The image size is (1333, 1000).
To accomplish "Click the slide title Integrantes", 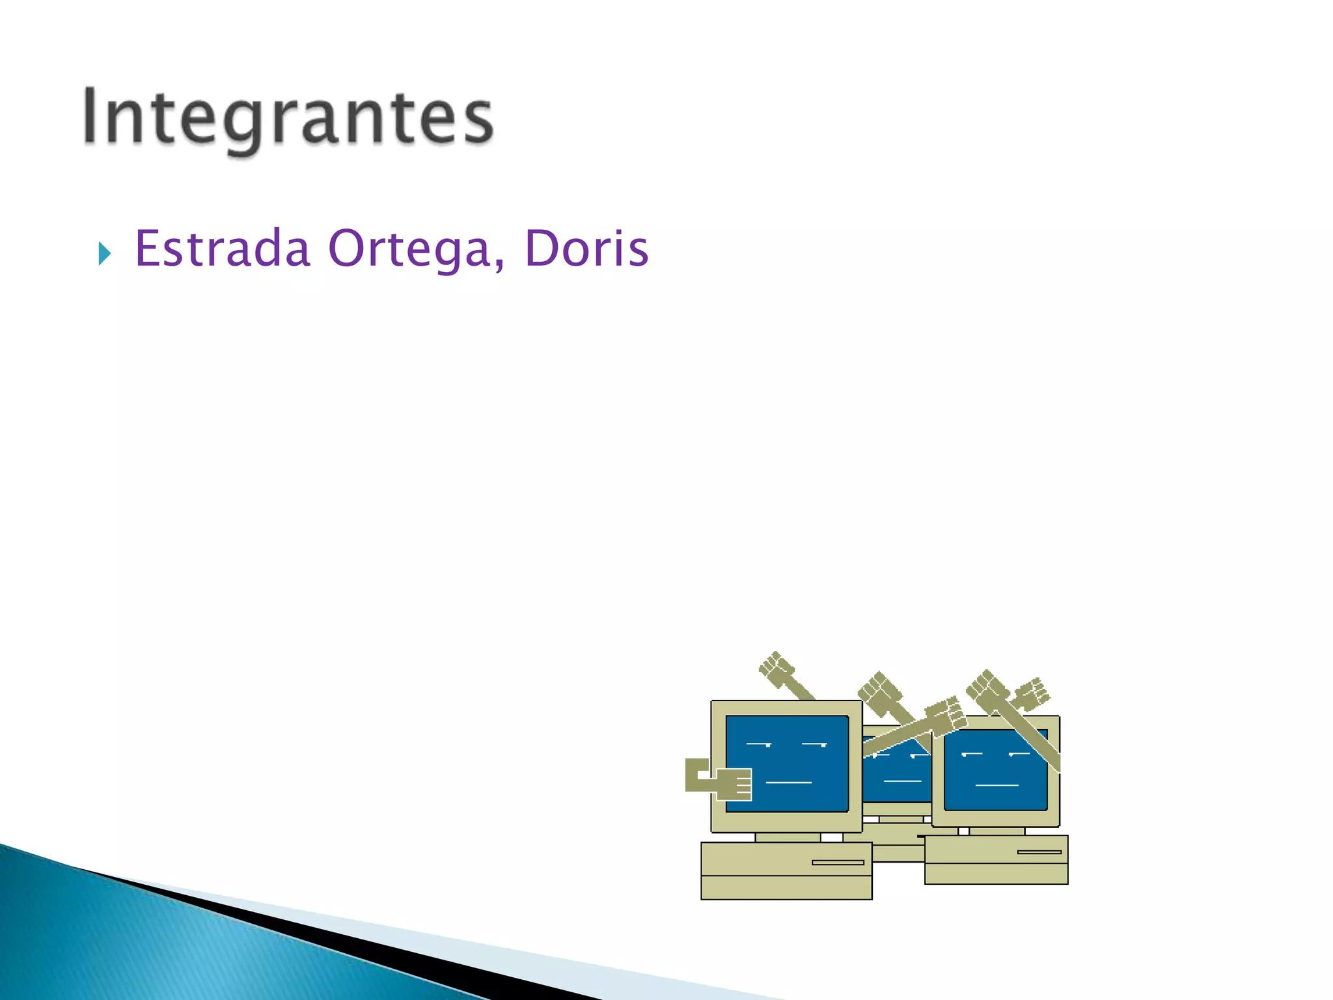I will (288, 118).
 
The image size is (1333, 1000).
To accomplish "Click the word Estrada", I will (222, 249).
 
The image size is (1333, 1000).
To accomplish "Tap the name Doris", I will (586, 249).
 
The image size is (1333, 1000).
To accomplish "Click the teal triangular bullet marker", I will (104, 253).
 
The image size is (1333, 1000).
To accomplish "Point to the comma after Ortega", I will (499, 264).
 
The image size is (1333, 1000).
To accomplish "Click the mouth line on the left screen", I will (788, 782).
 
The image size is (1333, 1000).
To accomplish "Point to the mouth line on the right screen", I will (996, 786).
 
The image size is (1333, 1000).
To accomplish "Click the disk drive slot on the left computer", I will (838, 863).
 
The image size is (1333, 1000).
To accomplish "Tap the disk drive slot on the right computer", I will (1039, 852).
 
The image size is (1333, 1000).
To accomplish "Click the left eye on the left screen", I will (758, 743).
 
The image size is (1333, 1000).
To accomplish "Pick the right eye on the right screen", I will (1019, 754).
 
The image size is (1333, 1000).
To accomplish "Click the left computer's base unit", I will (786, 872).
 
